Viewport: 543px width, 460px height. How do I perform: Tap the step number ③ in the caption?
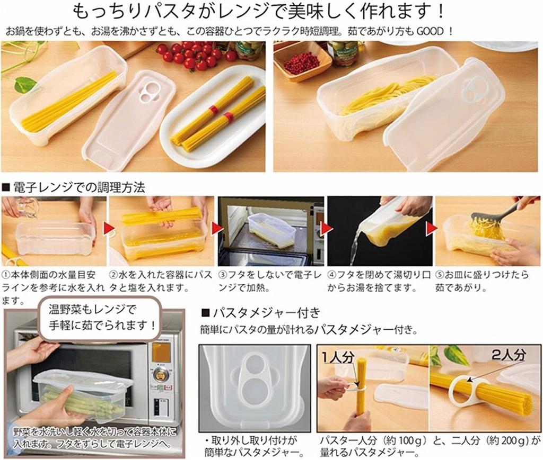click(x=223, y=275)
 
